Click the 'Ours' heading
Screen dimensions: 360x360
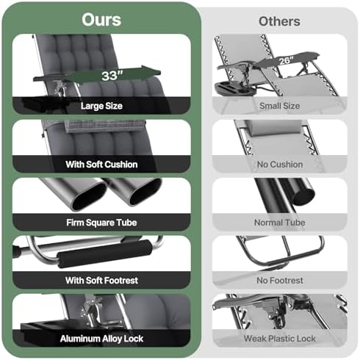tap(101, 20)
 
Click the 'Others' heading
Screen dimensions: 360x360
tap(279, 21)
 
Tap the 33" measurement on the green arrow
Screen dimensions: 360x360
tap(112, 76)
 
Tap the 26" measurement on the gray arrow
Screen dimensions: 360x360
tap(286, 60)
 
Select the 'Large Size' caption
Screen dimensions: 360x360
tap(101, 106)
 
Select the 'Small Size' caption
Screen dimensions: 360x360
tap(280, 106)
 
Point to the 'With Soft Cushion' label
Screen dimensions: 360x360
tap(101, 165)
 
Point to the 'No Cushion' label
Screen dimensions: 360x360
tap(280, 165)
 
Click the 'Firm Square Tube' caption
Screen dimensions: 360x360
tap(101, 223)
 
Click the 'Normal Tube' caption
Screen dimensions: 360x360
tap(280, 223)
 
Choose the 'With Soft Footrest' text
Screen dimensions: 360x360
tap(101, 281)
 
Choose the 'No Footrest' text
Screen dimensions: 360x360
tap(280, 281)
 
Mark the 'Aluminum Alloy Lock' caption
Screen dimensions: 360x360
tap(101, 339)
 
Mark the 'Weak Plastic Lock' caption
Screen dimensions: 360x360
tap(280, 339)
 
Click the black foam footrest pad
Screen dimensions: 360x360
tap(104, 253)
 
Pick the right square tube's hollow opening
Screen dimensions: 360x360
tap(145, 192)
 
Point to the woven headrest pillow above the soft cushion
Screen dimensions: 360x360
tap(105, 126)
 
